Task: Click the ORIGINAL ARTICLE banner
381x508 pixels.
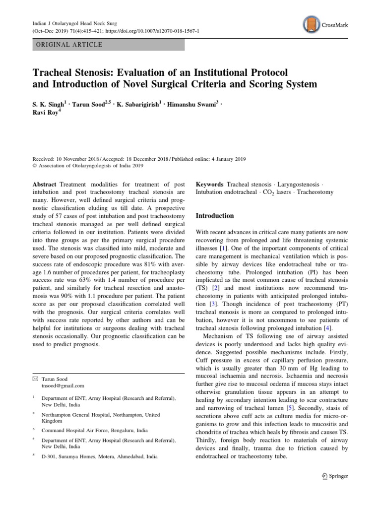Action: [x=109, y=45]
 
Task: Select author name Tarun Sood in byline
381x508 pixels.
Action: [x=88, y=106]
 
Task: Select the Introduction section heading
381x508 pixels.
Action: [x=215, y=216]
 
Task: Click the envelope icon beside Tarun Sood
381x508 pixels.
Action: [x=35, y=378]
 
